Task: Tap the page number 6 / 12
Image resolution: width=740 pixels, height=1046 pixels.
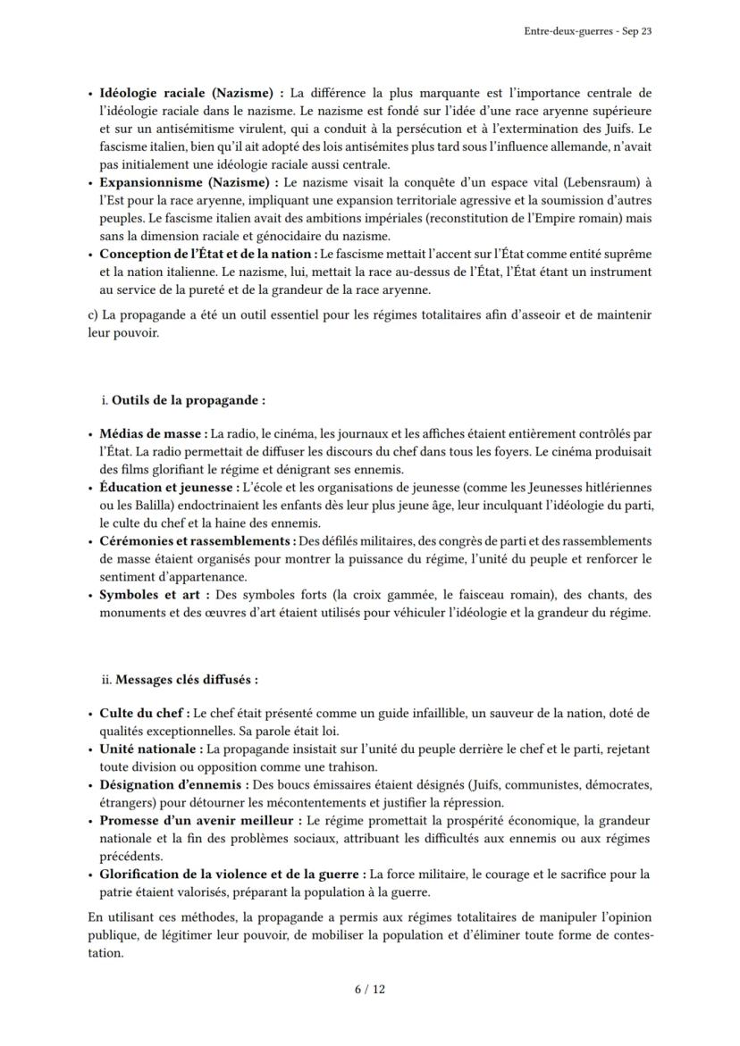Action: [369, 989]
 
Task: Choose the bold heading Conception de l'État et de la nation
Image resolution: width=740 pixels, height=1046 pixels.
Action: [205, 254]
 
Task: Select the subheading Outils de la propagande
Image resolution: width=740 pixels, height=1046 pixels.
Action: [188, 400]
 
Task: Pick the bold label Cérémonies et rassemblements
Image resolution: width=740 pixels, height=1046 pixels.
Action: [197, 540]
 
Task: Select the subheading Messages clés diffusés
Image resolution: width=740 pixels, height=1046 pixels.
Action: [186, 679]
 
